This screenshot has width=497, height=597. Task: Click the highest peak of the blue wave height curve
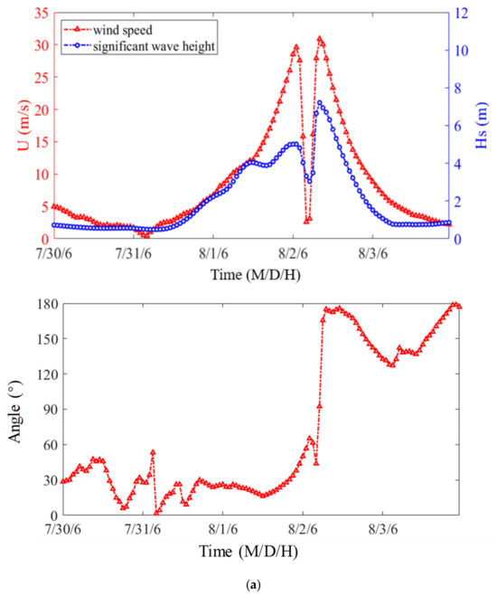coord(319,103)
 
